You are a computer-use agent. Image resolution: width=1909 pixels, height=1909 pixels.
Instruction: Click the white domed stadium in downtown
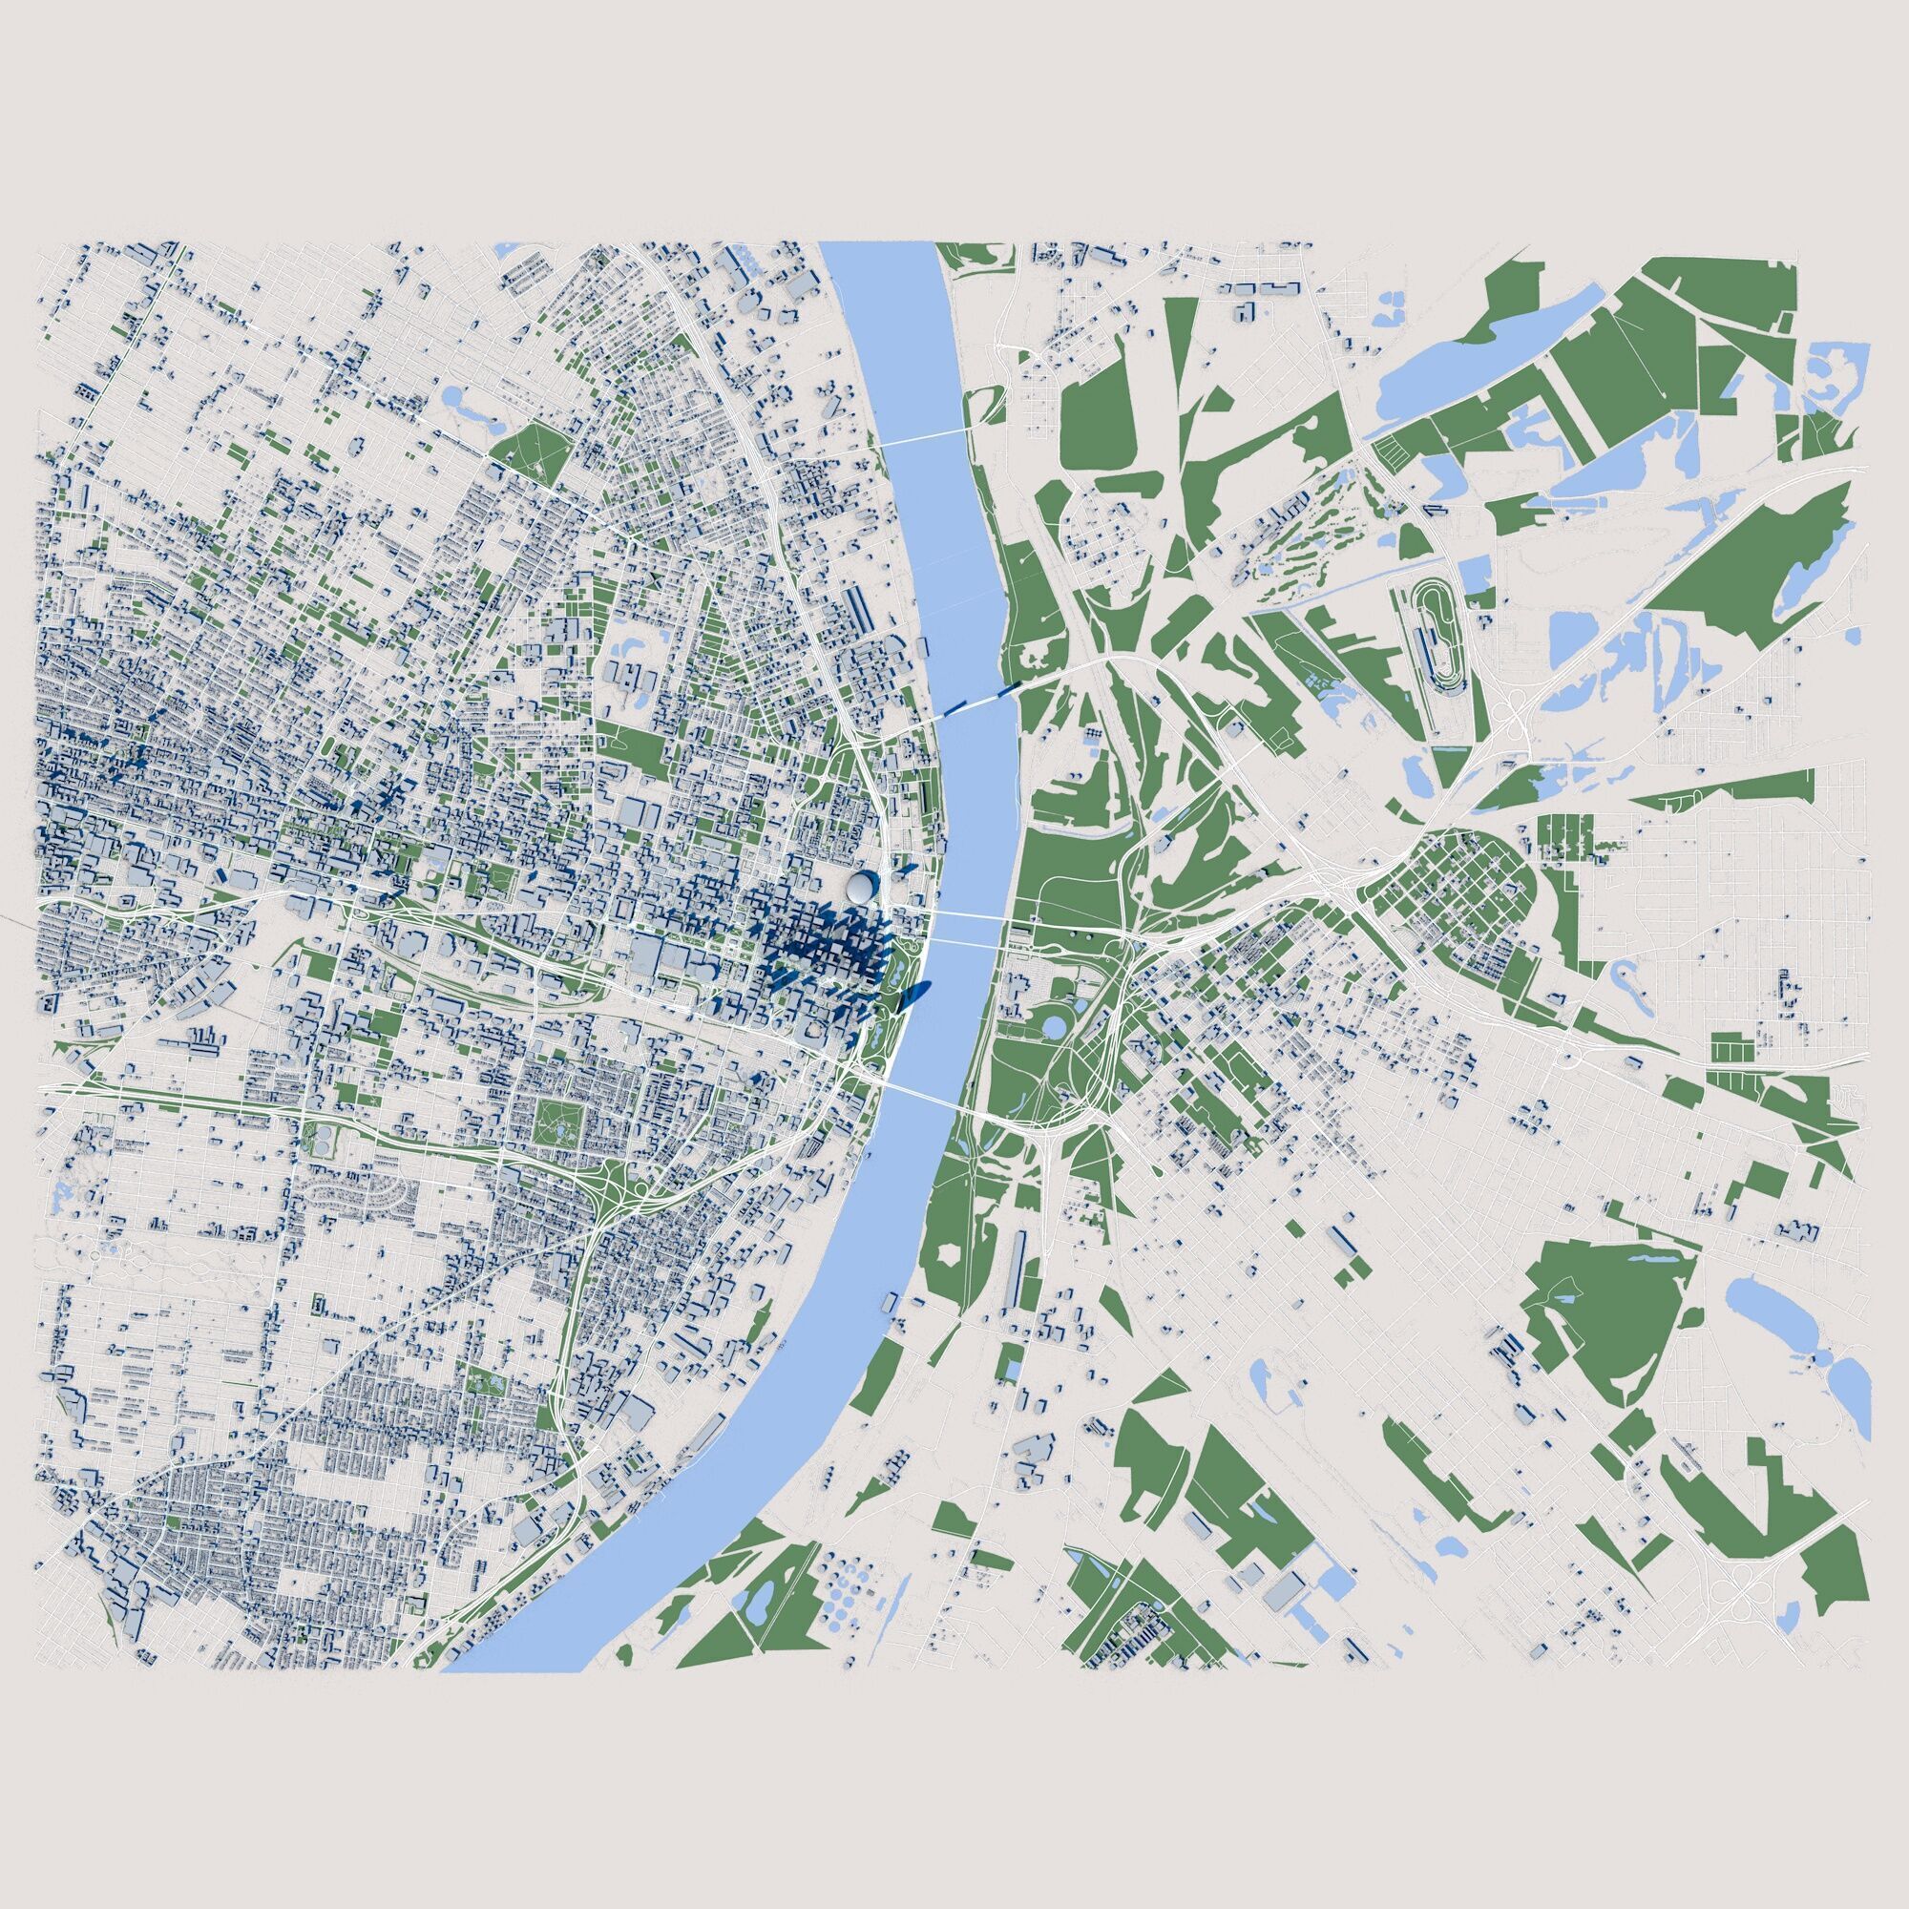pyautogui.click(x=861, y=886)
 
